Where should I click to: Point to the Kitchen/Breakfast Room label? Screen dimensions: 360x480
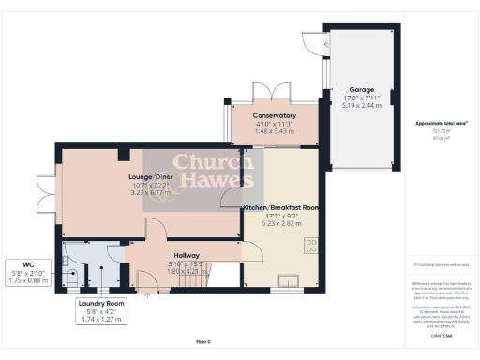click(282, 205)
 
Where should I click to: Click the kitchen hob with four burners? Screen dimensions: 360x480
click(310, 246)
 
